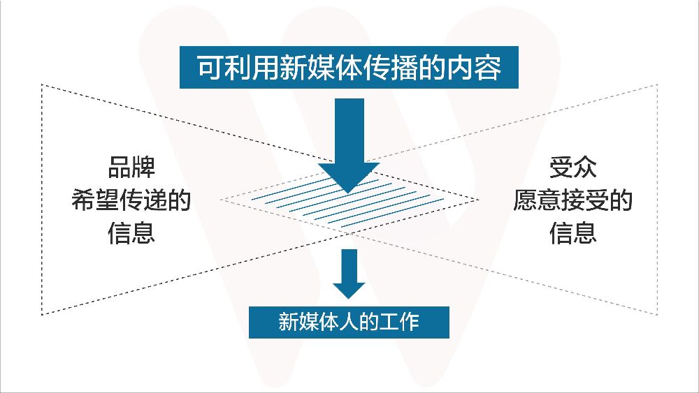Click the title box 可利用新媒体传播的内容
[x=349, y=68]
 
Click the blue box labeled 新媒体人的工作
[x=349, y=322]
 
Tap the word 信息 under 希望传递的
[x=131, y=232]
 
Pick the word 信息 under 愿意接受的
[x=572, y=232]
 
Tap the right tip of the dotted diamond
[x=477, y=200]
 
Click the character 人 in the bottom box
[x=349, y=322]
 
